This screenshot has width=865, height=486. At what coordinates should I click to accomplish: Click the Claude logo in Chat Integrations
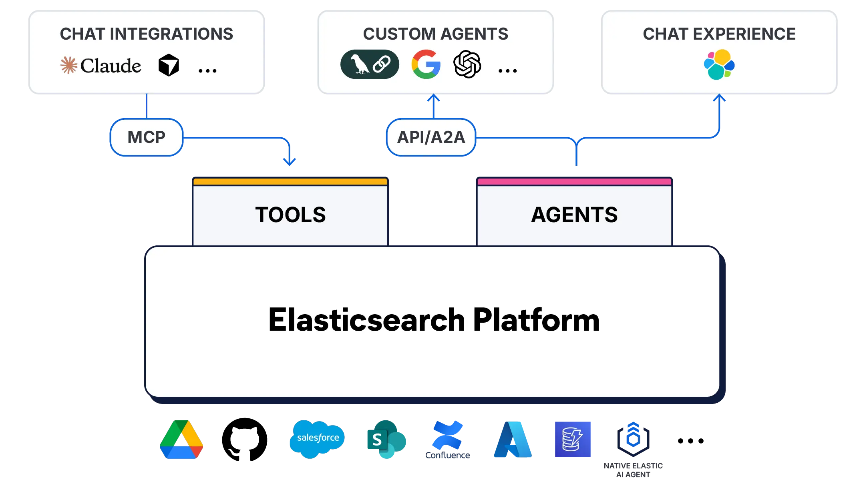pyautogui.click(x=101, y=65)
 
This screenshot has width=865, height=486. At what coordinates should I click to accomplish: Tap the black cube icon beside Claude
pyautogui.click(x=169, y=65)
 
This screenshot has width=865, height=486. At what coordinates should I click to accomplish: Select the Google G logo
pyautogui.click(x=426, y=64)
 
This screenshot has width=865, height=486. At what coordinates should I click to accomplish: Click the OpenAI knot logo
pyautogui.click(x=467, y=64)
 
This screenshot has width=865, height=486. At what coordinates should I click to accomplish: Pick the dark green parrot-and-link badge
pyautogui.click(x=370, y=64)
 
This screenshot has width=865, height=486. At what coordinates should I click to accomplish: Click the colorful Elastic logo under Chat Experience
pyautogui.click(x=719, y=64)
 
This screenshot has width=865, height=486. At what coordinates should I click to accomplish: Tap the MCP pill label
pyautogui.click(x=146, y=137)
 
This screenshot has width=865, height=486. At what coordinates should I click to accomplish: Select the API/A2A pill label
pyautogui.click(x=431, y=137)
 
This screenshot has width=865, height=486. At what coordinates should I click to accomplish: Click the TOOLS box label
pyautogui.click(x=290, y=215)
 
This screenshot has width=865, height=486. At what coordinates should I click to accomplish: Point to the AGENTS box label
pyautogui.click(x=574, y=215)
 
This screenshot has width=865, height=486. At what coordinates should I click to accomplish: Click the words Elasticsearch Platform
pyautogui.click(x=434, y=320)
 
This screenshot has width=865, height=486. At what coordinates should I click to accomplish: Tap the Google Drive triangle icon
pyautogui.click(x=181, y=440)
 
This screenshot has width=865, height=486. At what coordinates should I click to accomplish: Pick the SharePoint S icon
pyautogui.click(x=385, y=440)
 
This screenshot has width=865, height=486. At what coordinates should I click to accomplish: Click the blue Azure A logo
pyautogui.click(x=513, y=439)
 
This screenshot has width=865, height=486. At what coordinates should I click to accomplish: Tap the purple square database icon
pyautogui.click(x=573, y=439)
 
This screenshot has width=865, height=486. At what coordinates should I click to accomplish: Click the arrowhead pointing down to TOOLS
pyautogui.click(x=290, y=161)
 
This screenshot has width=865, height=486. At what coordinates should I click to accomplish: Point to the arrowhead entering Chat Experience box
pyautogui.click(x=719, y=98)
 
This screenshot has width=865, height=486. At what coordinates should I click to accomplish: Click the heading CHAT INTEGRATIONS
pyautogui.click(x=147, y=34)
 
